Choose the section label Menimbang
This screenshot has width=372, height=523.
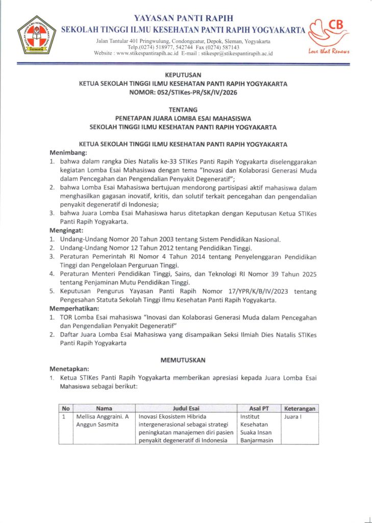[x=68, y=153]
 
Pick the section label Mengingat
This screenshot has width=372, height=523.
[x=66, y=231]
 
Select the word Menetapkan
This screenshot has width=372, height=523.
[x=69, y=369]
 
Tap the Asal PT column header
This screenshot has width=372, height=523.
[x=259, y=409]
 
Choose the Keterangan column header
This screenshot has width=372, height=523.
[x=300, y=409]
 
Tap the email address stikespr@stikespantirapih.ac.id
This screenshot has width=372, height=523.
[x=237, y=53]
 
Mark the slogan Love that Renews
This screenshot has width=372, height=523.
[x=329, y=50]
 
